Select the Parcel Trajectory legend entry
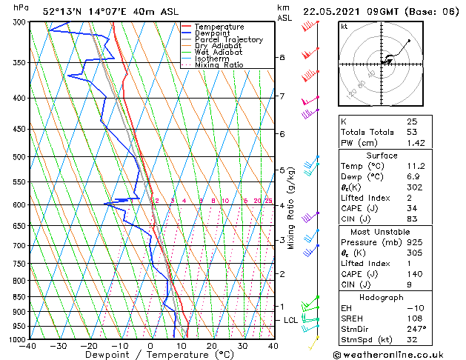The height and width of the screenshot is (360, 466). pyautogui.click(x=228, y=40)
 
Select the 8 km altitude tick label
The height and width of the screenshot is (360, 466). pyautogui.click(x=282, y=57)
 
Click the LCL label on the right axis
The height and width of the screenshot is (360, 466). pyautogui.click(x=290, y=320)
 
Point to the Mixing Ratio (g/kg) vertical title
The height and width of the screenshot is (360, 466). pyautogui.click(x=291, y=208)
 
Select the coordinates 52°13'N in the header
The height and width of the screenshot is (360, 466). pyautogui.click(x=62, y=12)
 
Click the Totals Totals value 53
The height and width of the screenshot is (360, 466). pyautogui.click(x=412, y=132)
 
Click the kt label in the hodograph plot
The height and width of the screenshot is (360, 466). pyautogui.click(x=344, y=26)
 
